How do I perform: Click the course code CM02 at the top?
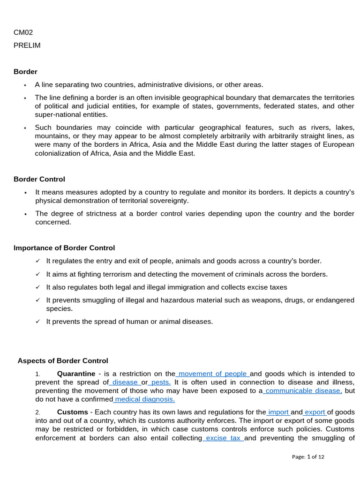click(x=23, y=32)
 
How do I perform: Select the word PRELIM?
click(x=27, y=45)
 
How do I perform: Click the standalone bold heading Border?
click(x=25, y=72)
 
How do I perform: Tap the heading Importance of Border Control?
click(x=64, y=248)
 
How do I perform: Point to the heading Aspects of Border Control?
click(x=63, y=361)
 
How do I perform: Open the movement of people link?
click(x=213, y=374)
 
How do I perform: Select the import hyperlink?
click(x=278, y=412)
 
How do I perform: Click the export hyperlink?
click(x=315, y=412)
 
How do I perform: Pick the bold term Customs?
click(x=72, y=412)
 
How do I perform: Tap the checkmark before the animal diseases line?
click(x=38, y=322)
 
